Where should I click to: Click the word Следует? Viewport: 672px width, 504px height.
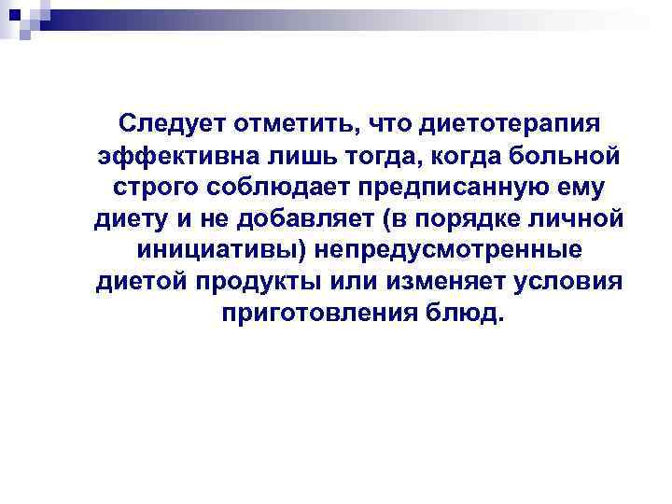tap(173, 123)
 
